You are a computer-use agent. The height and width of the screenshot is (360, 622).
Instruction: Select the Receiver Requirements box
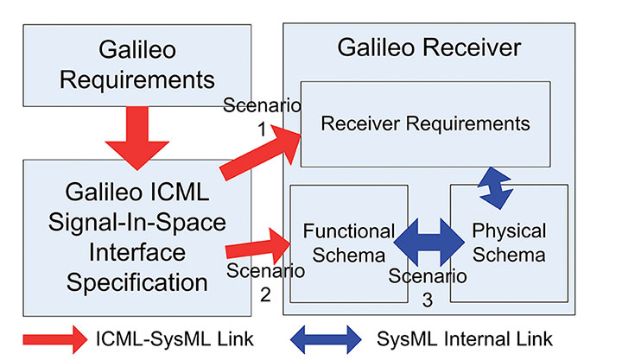pyautogui.click(x=425, y=123)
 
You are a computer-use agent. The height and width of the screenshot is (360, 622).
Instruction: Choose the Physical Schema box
pyautogui.click(x=508, y=243)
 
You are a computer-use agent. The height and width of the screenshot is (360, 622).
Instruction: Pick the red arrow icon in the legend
pyautogui.click(x=54, y=338)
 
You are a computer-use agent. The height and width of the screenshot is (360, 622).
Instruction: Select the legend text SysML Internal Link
pyautogui.click(x=465, y=338)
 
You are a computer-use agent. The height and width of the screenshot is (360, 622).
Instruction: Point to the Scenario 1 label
pyautogui.click(x=260, y=117)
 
